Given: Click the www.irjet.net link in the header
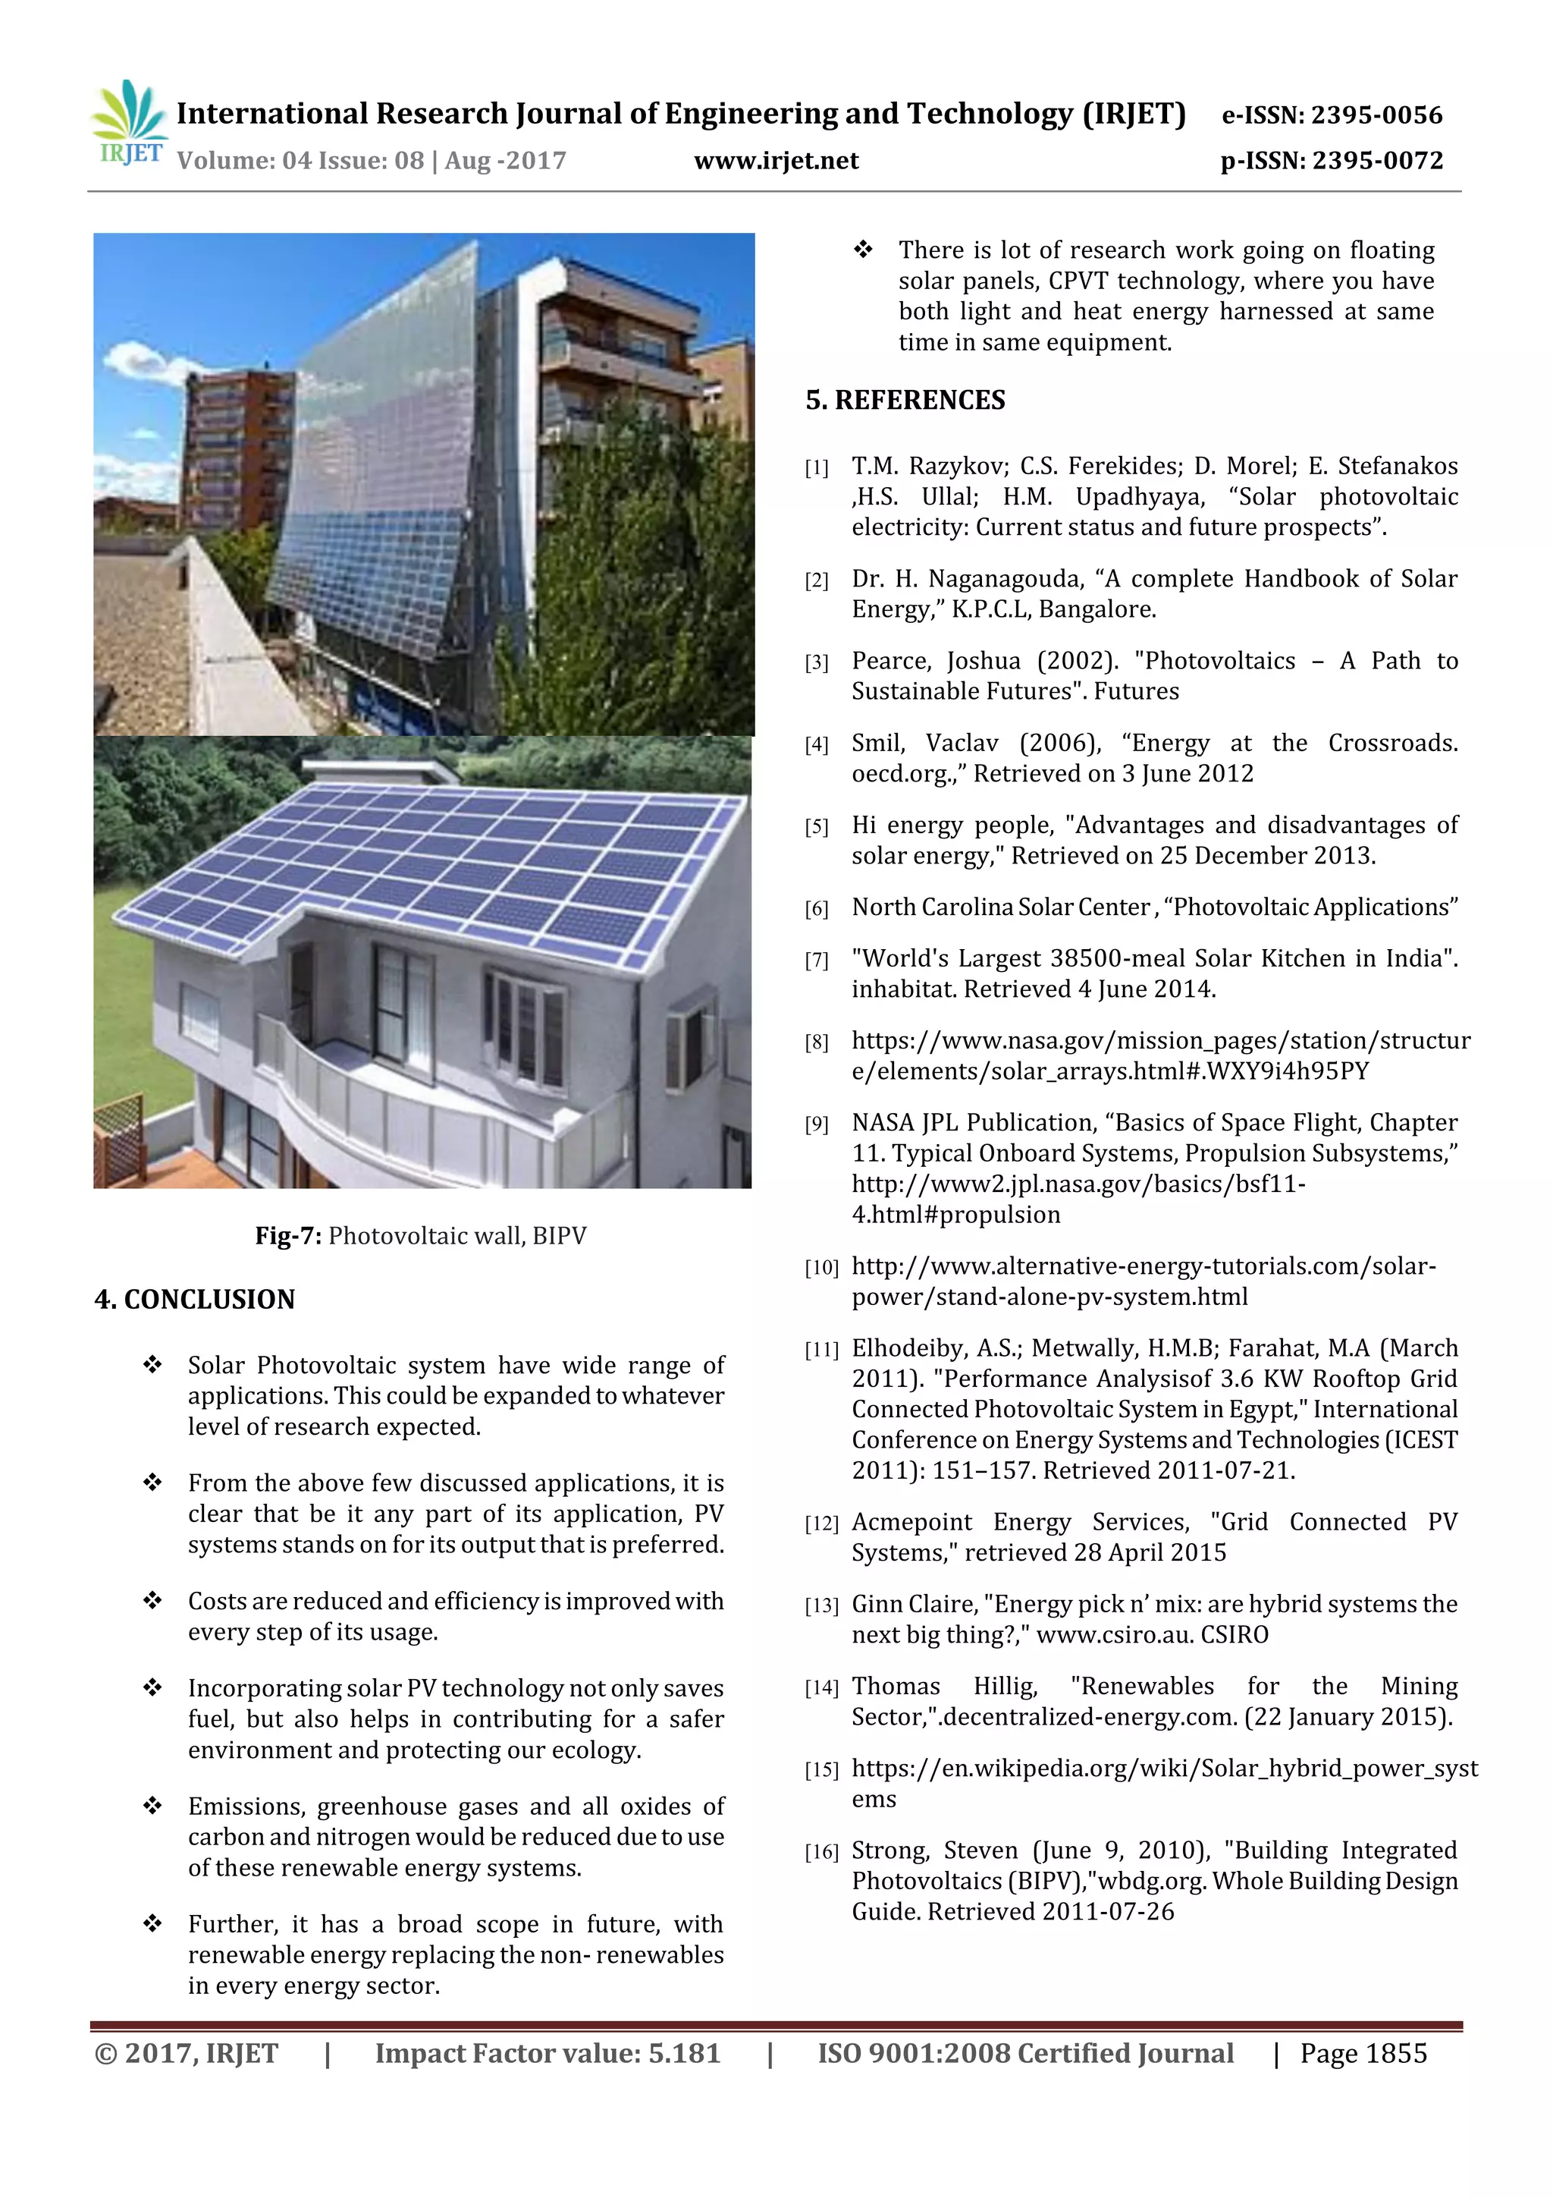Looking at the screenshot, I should (x=776, y=161).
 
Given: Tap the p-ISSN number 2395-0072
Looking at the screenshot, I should (x=1377, y=161).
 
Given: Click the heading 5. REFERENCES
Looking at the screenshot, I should (x=905, y=400).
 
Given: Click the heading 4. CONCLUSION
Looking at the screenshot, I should (x=194, y=1299).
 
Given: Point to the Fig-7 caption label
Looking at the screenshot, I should (x=288, y=1236).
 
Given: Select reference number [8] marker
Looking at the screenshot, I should (x=816, y=1042).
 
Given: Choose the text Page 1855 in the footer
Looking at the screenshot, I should (x=1363, y=2053).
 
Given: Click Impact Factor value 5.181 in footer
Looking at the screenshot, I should (x=547, y=2053).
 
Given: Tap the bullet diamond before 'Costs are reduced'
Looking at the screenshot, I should (x=152, y=1601).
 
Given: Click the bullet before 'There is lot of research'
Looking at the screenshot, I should (x=863, y=250).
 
